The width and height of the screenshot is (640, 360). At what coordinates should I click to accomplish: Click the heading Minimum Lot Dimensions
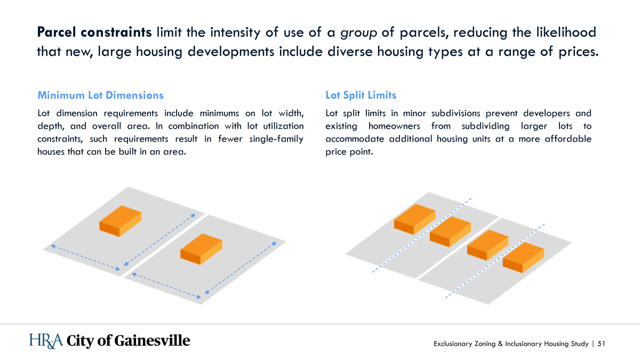click(100, 95)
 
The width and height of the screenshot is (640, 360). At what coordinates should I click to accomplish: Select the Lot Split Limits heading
click(361, 95)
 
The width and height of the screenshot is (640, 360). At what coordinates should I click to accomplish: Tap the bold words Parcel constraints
click(94, 32)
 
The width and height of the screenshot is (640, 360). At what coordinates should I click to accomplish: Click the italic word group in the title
click(358, 33)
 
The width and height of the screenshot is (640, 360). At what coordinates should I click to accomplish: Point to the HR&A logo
click(46, 341)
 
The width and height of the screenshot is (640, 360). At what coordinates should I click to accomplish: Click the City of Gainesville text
click(129, 341)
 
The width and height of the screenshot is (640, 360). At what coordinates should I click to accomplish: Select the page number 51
click(601, 343)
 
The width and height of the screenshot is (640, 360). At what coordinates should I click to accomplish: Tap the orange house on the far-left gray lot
click(121, 221)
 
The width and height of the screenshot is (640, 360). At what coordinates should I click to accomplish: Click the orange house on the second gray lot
click(201, 249)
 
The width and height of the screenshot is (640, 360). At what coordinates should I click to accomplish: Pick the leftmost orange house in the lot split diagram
click(414, 219)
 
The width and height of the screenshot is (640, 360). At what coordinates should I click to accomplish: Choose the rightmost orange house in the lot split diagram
click(523, 258)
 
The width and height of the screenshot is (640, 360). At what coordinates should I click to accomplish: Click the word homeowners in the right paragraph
click(394, 126)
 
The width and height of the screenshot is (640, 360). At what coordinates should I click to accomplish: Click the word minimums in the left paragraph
click(219, 113)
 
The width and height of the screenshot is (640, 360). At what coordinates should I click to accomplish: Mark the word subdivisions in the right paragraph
click(455, 113)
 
